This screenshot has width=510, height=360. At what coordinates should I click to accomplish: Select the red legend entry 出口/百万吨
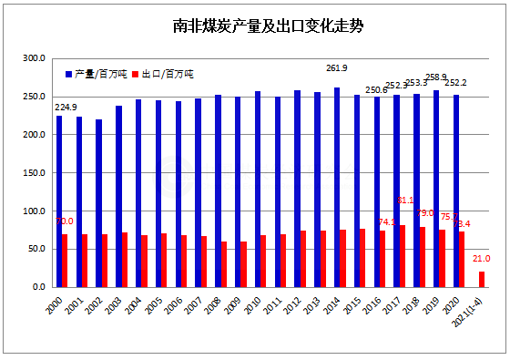tap(165, 73)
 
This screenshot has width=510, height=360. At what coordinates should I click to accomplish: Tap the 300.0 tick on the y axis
tap(34, 59)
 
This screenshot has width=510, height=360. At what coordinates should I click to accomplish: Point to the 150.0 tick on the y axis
tap(34, 173)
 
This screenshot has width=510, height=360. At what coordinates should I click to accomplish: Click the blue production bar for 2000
tap(59, 201)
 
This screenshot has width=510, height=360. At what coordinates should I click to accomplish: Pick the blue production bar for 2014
tap(337, 188)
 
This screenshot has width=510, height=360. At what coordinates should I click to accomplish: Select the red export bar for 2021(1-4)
tap(482, 279)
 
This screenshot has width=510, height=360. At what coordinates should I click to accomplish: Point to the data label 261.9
tap(339, 67)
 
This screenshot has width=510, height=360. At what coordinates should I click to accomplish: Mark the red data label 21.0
tap(482, 259)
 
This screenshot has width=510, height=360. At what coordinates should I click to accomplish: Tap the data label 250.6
tap(376, 89)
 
